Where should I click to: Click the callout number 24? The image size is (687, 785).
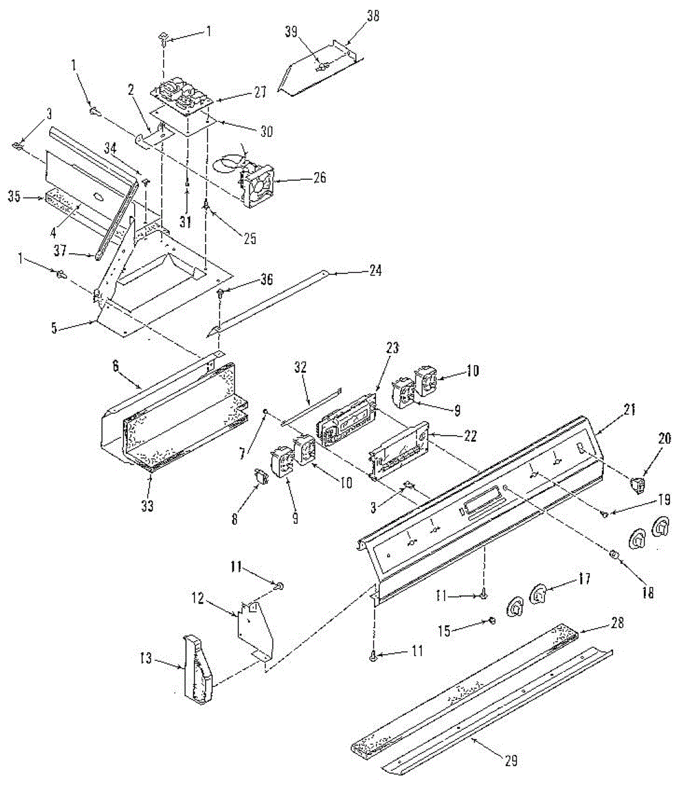tap(375, 271)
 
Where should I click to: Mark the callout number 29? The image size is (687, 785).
tap(511, 760)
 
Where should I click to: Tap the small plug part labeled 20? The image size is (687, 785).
tap(636, 485)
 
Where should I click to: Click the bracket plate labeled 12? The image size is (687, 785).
tap(255, 630)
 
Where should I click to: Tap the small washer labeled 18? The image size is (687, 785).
tap(614, 555)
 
